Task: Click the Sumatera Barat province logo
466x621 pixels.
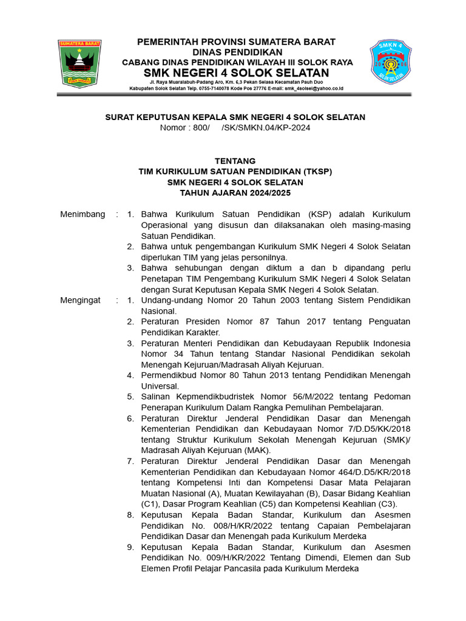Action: tap(79, 63)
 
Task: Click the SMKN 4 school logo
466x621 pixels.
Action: tap(390, 62)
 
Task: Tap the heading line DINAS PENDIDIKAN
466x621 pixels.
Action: tap(236, 52)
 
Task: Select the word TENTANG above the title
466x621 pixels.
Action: tap(235, 161)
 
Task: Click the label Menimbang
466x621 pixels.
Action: tap(83, 214)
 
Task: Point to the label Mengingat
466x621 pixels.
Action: tap(81, 300)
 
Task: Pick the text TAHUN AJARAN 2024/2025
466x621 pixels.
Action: tap(235, 193)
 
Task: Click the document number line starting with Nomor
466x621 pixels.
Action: tap(235, 127)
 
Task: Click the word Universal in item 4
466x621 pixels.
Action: tap(160, 386)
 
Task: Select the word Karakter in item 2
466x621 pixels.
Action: tap(203, 332)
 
